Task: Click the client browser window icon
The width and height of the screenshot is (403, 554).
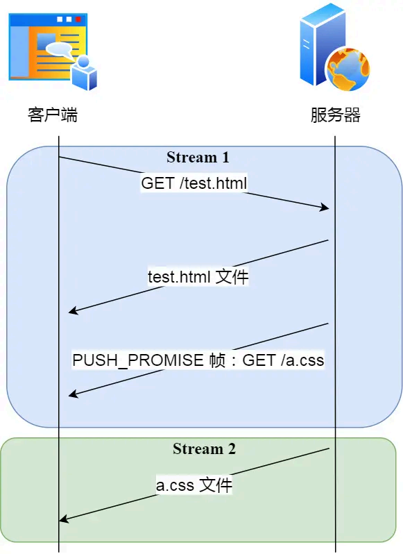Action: (x=47, y=47)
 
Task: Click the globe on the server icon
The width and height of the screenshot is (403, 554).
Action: (x=347, y=69)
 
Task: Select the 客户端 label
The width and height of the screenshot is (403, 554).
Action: (x=53, y=115)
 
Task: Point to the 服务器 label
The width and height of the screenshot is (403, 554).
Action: (x=335, y=115)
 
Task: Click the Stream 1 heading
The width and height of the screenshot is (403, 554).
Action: (x=198, y=158)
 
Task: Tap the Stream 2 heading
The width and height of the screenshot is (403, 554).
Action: (x=204, y=449)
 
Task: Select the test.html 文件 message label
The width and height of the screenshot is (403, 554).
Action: (x=198, y=277)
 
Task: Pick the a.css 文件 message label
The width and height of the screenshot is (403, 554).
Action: (x=194, y=485)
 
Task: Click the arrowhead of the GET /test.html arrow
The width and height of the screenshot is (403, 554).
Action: (x=324, y=207)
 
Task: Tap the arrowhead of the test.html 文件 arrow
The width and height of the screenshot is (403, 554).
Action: (x=73, y=312)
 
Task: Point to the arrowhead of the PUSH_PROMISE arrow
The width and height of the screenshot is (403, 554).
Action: (x=73, y=395)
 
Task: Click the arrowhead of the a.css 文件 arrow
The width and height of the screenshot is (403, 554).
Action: (x=64, y=519)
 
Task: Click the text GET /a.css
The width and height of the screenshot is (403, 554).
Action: (x=283, y=360)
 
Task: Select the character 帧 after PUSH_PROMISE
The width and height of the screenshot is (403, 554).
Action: (x=216, y=360)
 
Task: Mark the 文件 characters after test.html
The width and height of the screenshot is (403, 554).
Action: (x=232, y=277)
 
